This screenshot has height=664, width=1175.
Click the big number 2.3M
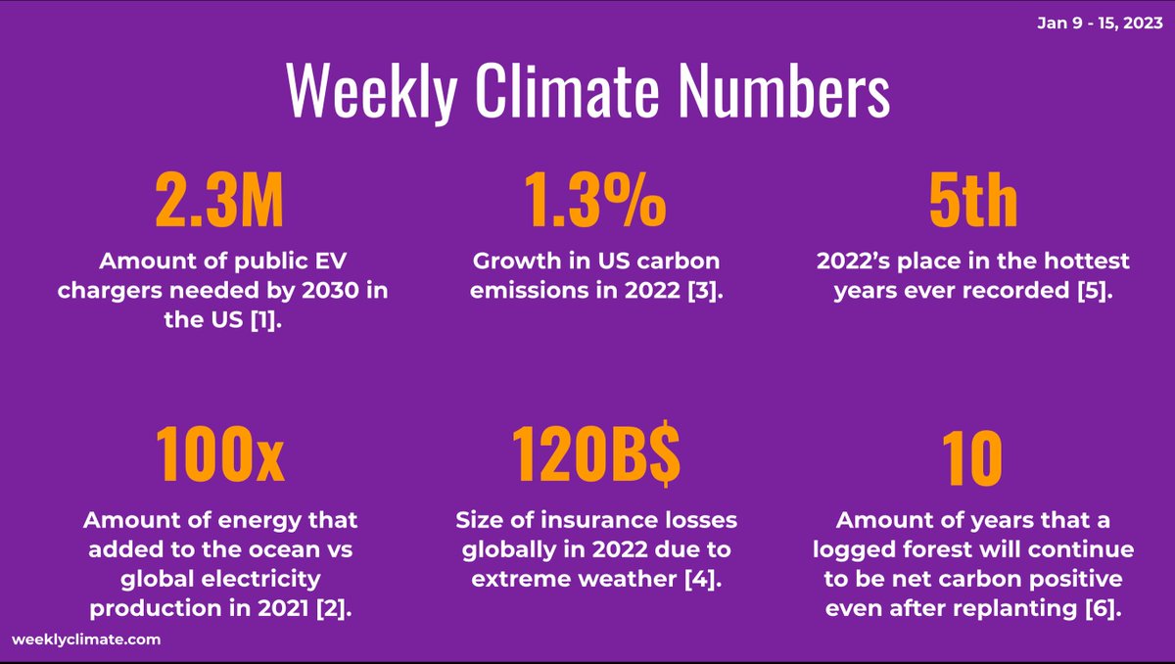click(x=220, y=201)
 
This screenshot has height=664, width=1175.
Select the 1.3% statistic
click(x=593, y=201)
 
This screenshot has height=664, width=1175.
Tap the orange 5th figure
click(x=972, y=201)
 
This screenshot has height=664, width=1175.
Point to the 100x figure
click(x=220, y=457)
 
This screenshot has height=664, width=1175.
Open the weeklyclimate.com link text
click(x=86, y=639)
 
